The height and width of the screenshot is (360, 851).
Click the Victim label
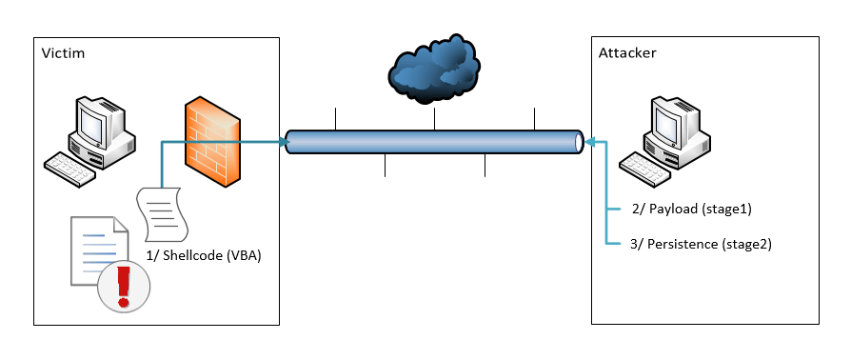[x=63, y=53]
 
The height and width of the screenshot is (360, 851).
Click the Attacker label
[x=627, y=52]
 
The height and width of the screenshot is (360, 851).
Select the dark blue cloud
[x=434, y=68]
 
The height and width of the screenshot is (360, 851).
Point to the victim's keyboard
[x=69, y=170]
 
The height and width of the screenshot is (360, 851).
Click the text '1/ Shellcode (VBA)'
[x=204, y=256]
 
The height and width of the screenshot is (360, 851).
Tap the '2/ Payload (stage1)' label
[x=691, y=210]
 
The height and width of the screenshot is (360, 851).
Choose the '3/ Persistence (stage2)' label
[x=700, y=244]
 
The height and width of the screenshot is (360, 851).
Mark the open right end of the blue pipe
[x=579, y=142]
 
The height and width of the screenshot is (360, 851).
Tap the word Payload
[x=673, y=210]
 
